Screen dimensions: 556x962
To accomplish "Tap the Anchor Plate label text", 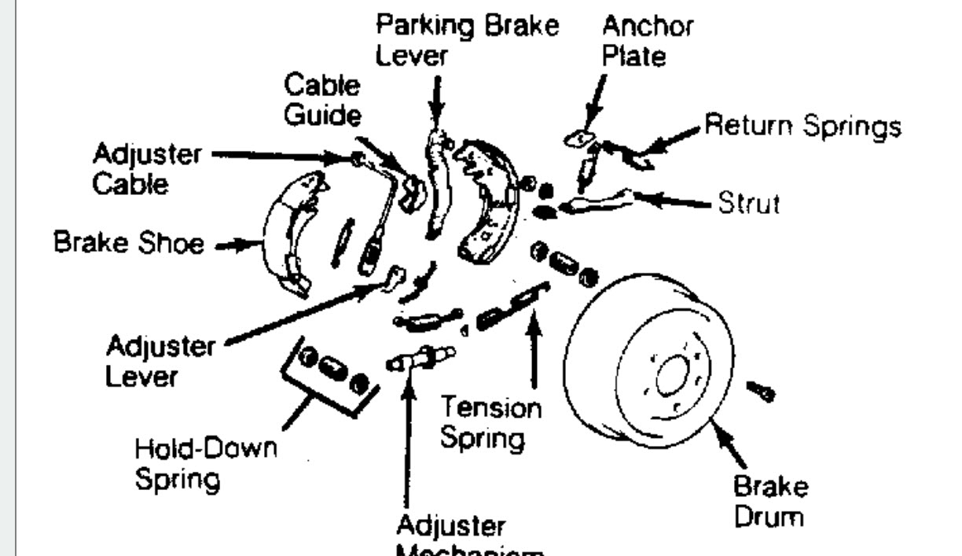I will (x=647, y=41).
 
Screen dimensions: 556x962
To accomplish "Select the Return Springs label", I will (x=802, y=126).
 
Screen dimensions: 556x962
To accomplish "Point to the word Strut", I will (x=747, y=204).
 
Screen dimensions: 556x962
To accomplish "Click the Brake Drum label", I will (x=769, y=502).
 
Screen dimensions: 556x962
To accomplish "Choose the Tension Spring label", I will (x=490, y=423).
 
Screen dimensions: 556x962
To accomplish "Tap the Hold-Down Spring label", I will (x=206, y=463).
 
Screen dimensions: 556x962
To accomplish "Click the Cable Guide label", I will (x=323, y=99).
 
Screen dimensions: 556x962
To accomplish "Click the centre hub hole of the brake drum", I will (x=670, y=377).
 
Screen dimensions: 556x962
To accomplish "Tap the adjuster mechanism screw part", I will (x=420, y=358).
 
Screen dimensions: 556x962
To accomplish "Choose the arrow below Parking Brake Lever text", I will (x=436, y=98).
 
